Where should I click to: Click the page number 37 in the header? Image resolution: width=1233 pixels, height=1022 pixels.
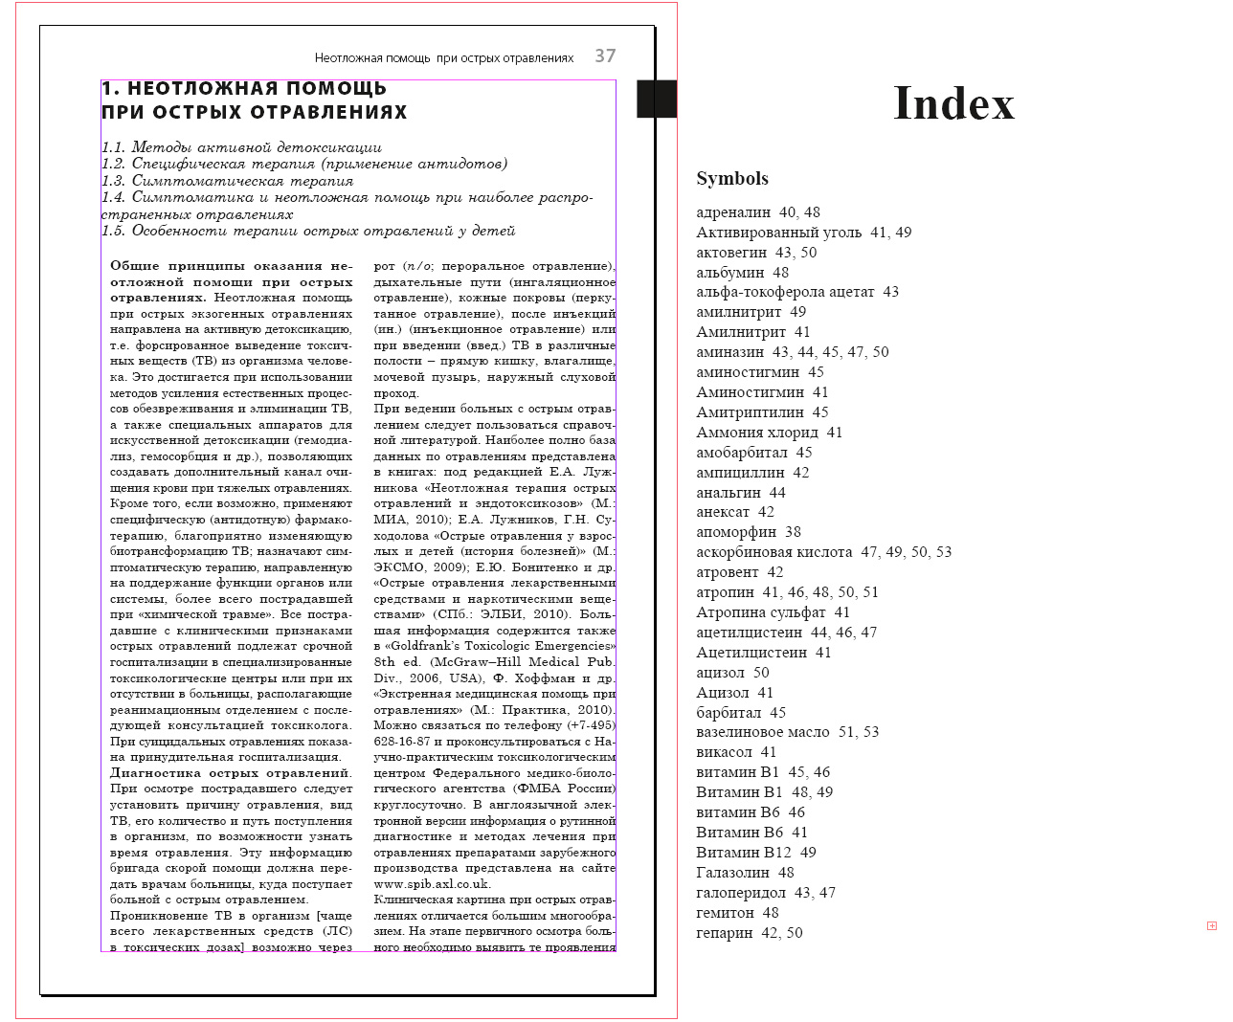(605, 56)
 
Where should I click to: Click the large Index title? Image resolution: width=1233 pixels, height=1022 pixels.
(953, 103)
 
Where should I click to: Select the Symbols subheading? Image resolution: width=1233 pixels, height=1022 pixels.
(732, 179)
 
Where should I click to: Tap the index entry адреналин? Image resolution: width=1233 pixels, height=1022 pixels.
(733, 212)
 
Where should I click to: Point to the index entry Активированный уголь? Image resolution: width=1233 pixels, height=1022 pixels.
(778, 233)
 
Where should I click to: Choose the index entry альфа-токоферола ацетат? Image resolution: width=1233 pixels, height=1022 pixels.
(785, 292)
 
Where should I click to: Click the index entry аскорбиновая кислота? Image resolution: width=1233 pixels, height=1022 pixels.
(773, 552)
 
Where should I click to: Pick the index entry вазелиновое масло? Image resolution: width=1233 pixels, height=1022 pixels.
(763, 732)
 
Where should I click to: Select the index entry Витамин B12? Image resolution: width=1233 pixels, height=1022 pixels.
(744, 853)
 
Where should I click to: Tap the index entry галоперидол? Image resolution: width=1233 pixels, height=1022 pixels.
(741, 893)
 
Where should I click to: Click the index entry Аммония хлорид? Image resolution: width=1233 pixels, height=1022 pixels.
(757, 433)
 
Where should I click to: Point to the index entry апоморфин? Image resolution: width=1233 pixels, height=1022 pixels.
(736, 532)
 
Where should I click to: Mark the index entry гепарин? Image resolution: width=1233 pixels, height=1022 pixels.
(725, 933)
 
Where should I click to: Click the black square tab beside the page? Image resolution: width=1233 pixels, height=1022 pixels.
(657, 99)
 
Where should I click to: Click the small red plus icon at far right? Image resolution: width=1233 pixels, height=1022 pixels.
(1212, 925)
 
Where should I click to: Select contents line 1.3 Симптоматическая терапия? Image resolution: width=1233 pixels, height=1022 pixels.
(228, 181)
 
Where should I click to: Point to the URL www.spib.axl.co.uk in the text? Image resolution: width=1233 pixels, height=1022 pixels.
(432, 884)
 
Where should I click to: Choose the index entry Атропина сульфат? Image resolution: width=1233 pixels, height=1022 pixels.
(761, 612)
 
